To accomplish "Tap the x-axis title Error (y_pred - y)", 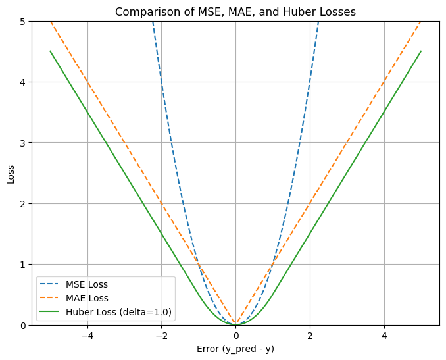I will [x=235, y=349].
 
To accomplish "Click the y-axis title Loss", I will [x=11, y=173].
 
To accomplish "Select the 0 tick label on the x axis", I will [x=235, y=336].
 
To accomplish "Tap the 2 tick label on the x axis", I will [x=310, y=336].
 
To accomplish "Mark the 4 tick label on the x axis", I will [x=384, y=336].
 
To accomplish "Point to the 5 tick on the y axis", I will [x=24, y=21].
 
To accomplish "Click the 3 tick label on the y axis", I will [x=24, y=143].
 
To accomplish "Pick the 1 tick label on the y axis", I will [x=24, y=265].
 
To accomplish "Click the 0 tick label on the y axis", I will [x=24, y=325].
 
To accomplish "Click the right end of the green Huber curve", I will [x=421, y=51].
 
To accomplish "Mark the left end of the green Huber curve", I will [x=50, y=51].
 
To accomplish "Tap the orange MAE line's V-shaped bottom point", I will [x=235, y=324].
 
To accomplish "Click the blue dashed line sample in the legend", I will [x=52, y=285].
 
